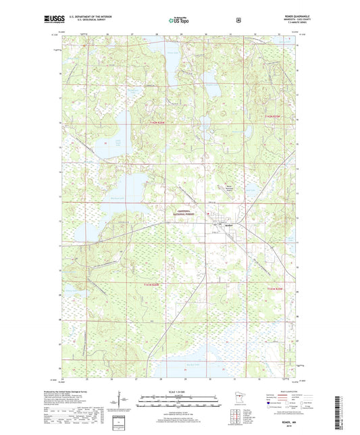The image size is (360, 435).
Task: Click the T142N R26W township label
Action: [155, 122]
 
